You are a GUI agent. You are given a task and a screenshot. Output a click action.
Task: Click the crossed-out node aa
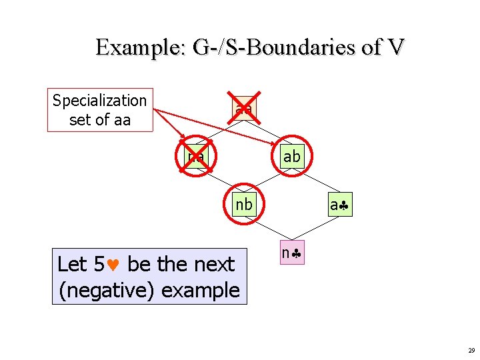(x=243, y=107)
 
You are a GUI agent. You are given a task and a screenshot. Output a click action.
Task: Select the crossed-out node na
(x=196, y=157)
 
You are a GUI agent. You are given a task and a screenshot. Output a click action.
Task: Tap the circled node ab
(x=291, y=157)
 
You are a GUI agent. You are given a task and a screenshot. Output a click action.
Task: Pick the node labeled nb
(x=243, y=205)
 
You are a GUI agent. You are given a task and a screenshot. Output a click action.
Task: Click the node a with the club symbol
(x=339, y=205)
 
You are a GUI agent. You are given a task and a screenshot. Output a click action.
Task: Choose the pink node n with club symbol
(x=291, y=253)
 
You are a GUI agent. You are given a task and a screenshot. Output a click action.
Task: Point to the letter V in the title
(x=396, y=48)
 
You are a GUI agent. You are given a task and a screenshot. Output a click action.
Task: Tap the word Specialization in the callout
(x=99, y=101)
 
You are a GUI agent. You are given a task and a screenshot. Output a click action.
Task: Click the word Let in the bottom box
(x=71, y=265)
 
